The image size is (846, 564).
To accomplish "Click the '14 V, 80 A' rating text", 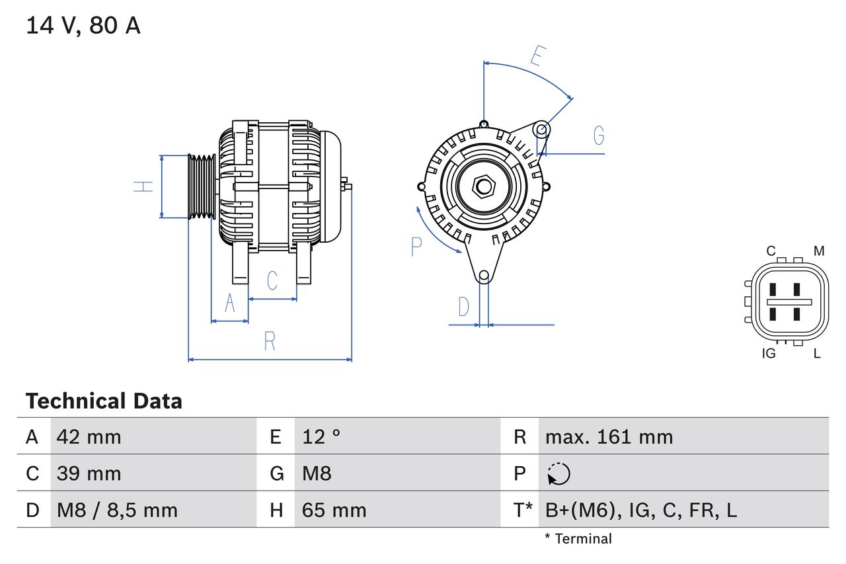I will [x=83, y=26].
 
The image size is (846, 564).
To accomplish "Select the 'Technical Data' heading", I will [x=104, y=401].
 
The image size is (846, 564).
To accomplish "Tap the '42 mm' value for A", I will [x=89, y=436].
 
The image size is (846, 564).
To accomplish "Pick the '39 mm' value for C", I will [x=89, y=473].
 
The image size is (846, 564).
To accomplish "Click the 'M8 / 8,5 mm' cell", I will [x=118, y=510].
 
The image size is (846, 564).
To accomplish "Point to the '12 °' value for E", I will [x=321, y=436].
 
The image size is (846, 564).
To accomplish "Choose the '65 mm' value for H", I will [x=334, y=510].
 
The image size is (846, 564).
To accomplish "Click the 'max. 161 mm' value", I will [x=609, y=436].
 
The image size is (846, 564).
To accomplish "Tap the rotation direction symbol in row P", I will [x=558, y=474].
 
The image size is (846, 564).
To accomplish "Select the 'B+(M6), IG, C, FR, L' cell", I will [x=641, y=510].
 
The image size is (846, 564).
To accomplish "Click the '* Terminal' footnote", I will [x=578, y=539].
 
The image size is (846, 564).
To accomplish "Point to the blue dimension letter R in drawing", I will [x=270, y=342].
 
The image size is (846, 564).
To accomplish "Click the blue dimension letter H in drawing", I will [x=143, y=186].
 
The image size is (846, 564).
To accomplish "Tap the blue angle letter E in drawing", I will [x=537, y=57].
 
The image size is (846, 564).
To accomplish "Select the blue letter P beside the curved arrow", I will [x=416, y=246].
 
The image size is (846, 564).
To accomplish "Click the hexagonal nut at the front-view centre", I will [x=484, y=186].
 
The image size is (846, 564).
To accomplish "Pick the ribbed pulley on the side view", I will [x=202, y=186].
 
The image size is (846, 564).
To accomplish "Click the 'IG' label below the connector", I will [x=769, y=354].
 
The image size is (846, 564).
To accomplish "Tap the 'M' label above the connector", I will [x=819, y=251].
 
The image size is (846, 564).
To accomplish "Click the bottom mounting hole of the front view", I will [x=484, y=275].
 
